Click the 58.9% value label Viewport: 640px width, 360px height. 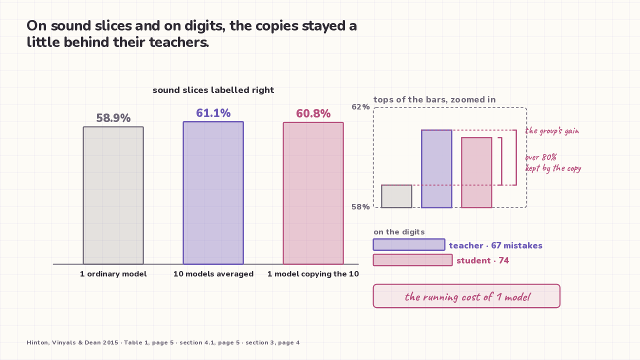pos(113,118)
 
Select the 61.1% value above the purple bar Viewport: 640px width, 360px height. pos(213,113)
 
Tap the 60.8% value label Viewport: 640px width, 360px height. pos(313,113)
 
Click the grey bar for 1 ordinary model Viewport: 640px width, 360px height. pos(113,195)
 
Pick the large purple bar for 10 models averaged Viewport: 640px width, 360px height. pos(213,193)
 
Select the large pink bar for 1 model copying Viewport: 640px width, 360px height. pos(313,193)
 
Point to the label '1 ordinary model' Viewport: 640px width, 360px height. pos(113,274)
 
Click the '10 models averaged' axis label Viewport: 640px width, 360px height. pos(213,274)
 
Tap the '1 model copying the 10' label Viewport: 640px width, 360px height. pos(313,274)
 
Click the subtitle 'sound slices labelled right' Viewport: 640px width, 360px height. pos(213,90)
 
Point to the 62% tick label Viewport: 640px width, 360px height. pos(360,107)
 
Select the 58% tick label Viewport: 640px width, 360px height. pos(360,207)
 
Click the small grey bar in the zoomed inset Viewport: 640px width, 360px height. pos(396,196)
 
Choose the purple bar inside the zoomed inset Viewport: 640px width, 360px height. pos(436,169)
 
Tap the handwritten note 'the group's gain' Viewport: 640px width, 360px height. pos(552,131)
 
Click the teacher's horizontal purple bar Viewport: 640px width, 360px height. pos(409,245)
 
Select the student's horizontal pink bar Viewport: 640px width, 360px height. pos(413,260)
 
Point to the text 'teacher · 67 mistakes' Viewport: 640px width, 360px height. pos(495,245)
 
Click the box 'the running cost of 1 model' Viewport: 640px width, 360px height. pos(466,296)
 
